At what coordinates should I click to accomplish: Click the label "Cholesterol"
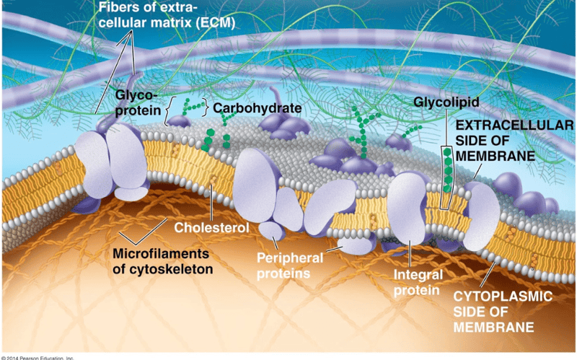(212, 228)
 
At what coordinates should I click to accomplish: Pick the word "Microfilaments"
(160, 254)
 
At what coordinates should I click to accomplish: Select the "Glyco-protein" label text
(138, 102)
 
